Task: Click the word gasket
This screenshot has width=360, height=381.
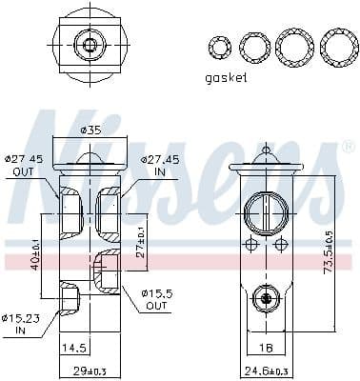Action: tap(227, 78)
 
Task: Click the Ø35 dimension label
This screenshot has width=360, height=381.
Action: tap(90, 130)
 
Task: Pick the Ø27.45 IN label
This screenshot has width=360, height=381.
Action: tap(160, 164)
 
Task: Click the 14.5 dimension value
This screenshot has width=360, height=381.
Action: tap(74, 349)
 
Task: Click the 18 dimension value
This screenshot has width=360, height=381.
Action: tap(268, 349)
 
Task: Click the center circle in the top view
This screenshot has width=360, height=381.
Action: tap(91, 44)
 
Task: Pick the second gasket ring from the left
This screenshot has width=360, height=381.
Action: tap(254, 45)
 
